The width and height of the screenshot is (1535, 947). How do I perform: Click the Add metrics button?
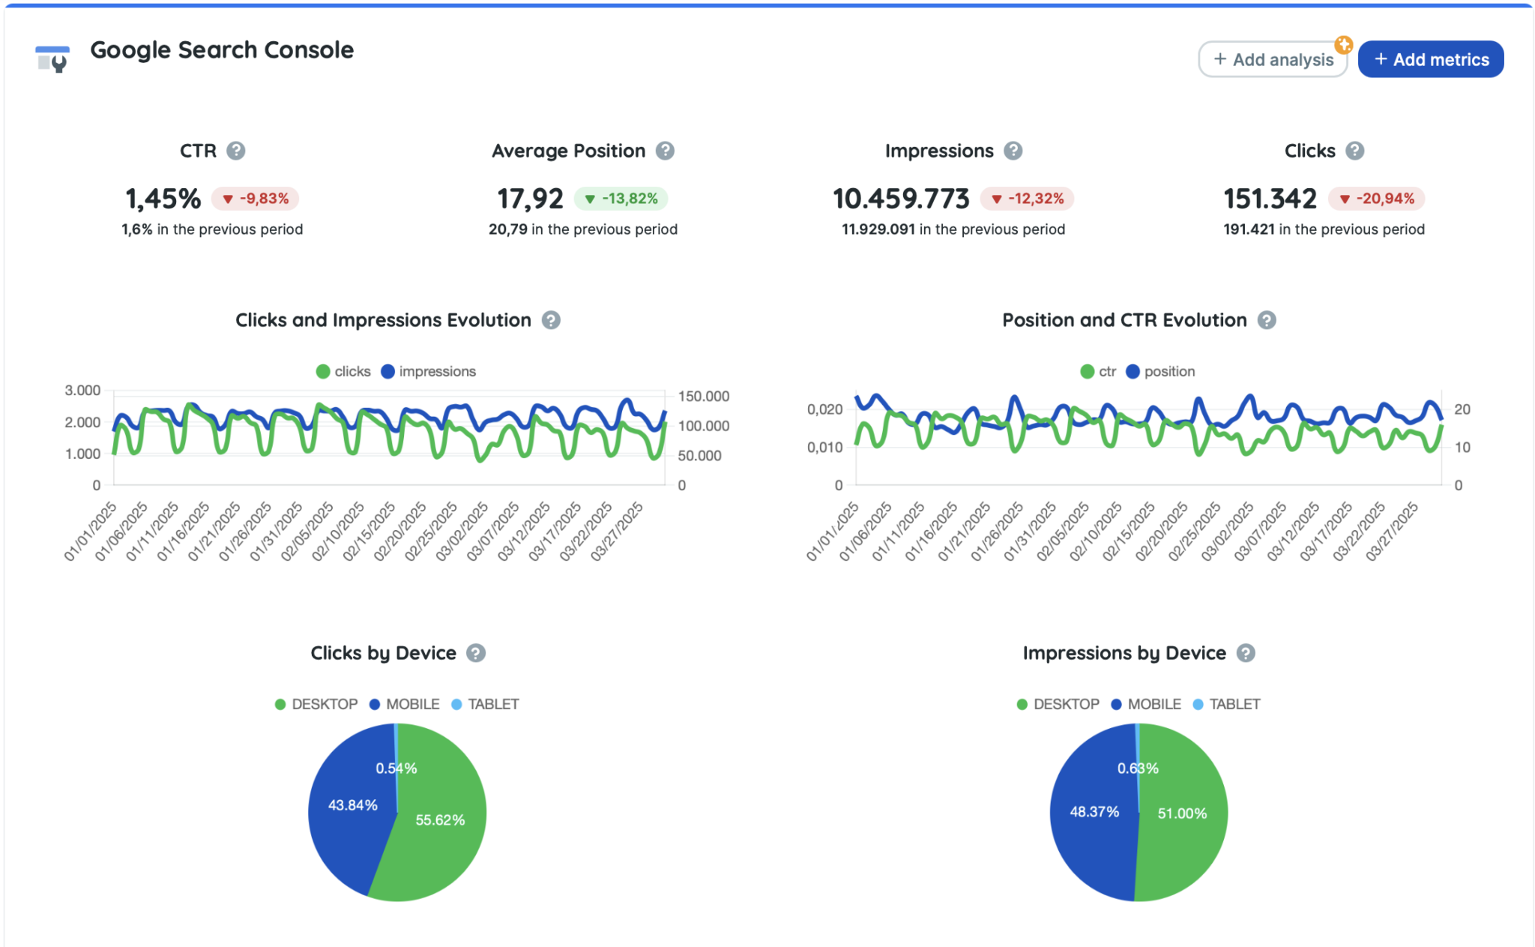(x=1430, y=59)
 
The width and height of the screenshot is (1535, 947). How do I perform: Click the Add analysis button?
(x=1273, y=59)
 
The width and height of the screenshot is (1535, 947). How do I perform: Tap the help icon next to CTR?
(x=236, y=151)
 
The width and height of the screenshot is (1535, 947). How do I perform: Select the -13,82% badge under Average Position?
(x=621, y=199)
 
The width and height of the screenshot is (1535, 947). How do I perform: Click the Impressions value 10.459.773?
(x=901, y=199)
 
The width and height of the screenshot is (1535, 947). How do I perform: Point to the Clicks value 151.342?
(x=1270, y=199)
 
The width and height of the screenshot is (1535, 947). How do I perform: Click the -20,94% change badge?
(x=1377, y=199)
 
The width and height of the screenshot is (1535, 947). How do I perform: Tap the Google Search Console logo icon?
(x=52, y=58)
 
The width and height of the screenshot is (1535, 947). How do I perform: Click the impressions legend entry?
(x=429, y=371)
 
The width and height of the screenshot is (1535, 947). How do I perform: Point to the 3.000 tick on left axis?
(x=82, y=390)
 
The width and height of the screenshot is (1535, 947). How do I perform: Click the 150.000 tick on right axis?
(x=703, y=396)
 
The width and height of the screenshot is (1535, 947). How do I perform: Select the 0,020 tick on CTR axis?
(x=824, y=409)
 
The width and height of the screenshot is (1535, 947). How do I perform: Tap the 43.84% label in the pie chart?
(x=352, y=805)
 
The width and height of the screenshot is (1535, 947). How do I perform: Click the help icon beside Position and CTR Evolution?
(x=1267, y=320)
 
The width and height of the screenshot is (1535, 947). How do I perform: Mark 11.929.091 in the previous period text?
(x=953, y=229)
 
